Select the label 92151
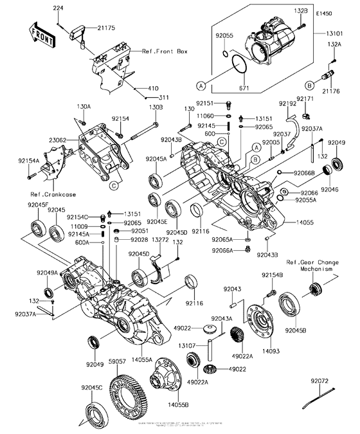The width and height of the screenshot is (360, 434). click(206, 103)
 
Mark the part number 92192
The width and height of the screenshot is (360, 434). click(287, 103)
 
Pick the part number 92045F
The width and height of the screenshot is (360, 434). click(39, 204)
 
